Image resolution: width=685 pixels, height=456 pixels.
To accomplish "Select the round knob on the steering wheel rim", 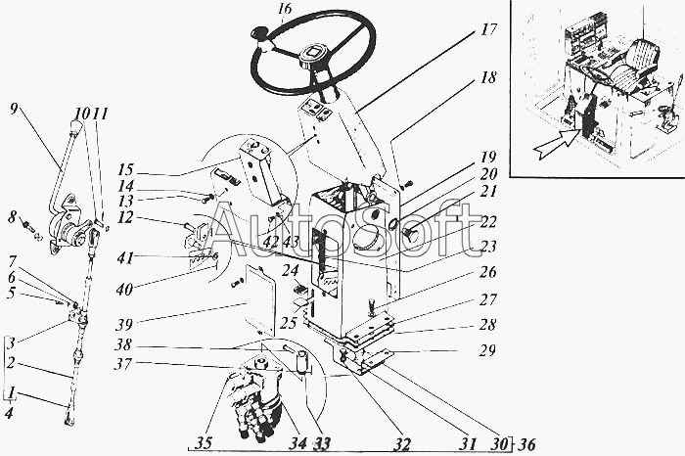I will (x=261, y=36).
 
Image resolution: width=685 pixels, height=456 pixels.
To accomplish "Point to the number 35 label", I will (x=203, y=443).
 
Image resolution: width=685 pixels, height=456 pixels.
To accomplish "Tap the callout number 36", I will (x=526, y=443).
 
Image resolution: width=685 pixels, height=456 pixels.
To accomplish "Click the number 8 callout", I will (x=12, y=216).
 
